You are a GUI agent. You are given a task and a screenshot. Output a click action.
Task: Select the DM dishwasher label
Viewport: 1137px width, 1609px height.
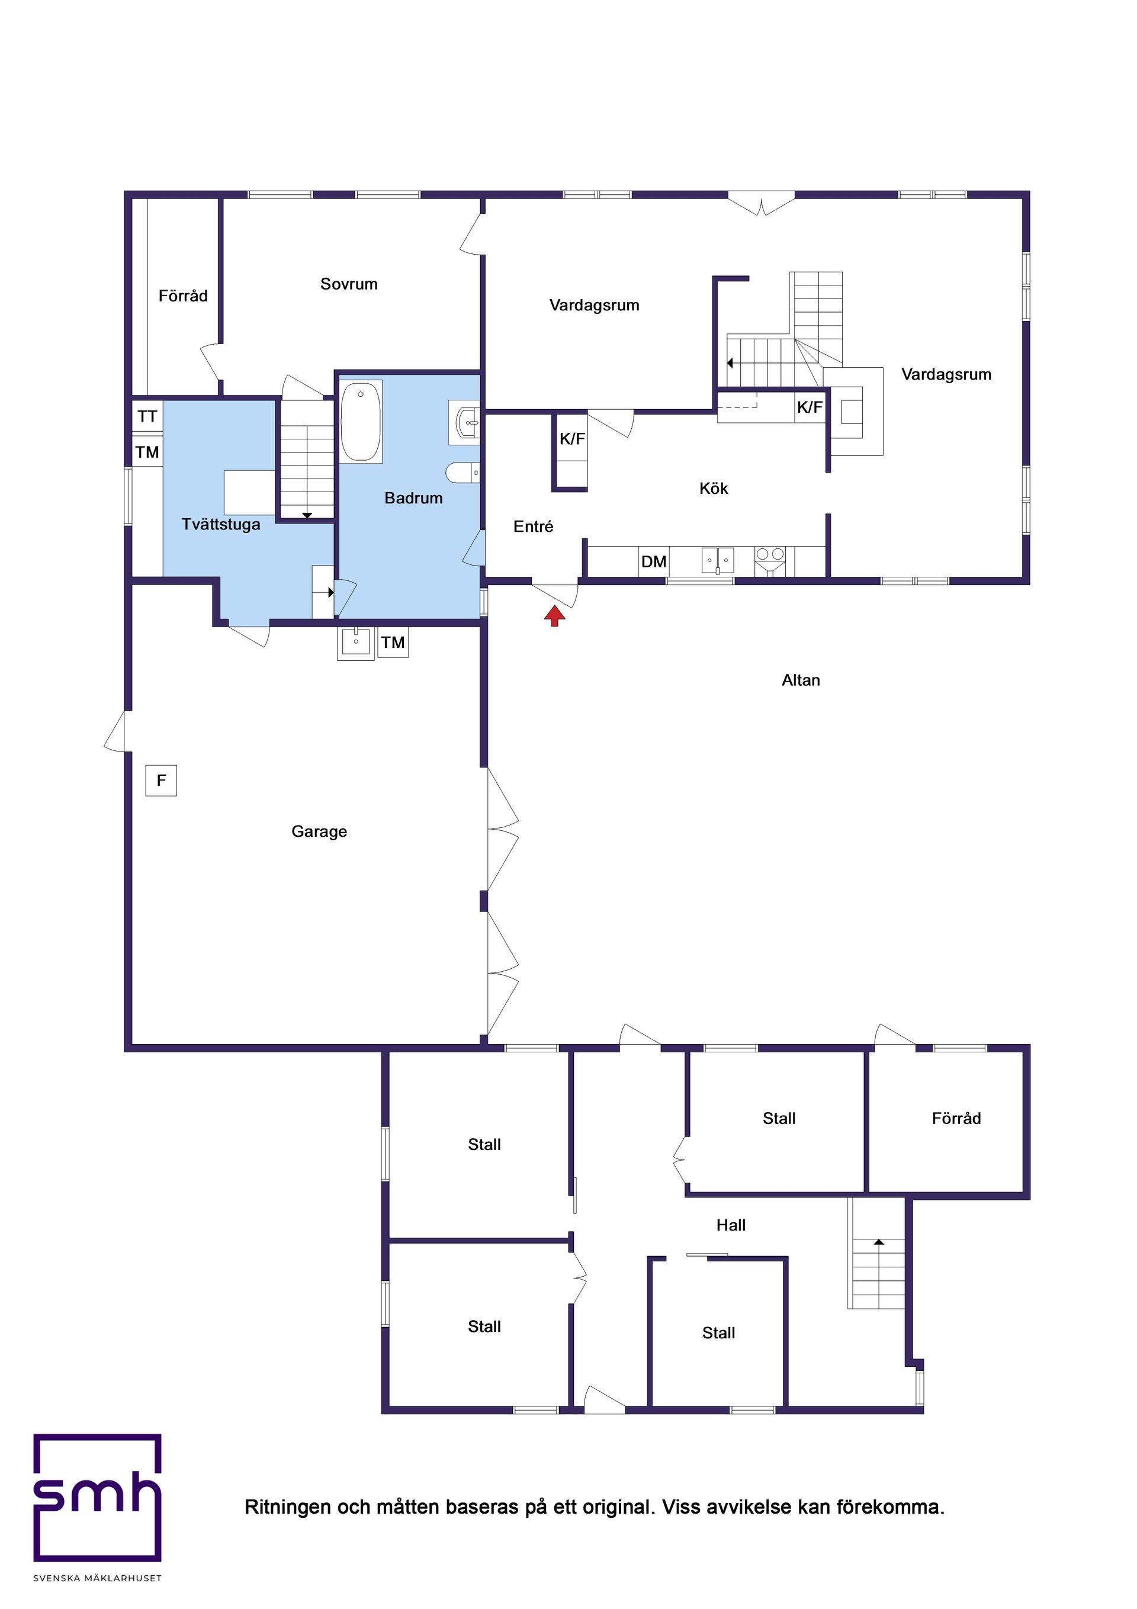[x=653, y=561]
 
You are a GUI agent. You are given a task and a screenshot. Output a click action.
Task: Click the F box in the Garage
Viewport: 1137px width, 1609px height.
[x=161, y=780]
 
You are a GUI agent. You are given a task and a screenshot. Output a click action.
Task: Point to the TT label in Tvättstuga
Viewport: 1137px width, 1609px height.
[x=147, y=416]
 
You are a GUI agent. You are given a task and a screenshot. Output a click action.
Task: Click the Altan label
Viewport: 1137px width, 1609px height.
[x=801, y=680]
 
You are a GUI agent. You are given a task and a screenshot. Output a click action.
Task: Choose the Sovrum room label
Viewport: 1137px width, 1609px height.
[x=348, y=284]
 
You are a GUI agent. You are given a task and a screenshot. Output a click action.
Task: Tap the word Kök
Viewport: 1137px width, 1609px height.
[x=714, y=489]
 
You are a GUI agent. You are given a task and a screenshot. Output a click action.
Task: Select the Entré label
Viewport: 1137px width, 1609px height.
[x=533, y=526]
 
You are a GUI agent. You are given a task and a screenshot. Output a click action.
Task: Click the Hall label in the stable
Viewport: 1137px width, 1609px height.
[x=730, y=1225]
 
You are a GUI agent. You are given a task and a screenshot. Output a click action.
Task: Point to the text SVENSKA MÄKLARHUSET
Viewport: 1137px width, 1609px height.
[x=98, y=1578]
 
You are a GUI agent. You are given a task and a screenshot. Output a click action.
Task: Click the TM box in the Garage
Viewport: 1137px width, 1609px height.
[x=393, y=642]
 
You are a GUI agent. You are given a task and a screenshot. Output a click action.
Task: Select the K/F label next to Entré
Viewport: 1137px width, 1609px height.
[x=572, y=439]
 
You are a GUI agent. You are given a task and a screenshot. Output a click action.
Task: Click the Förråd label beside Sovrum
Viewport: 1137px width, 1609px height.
[x=183, y=296]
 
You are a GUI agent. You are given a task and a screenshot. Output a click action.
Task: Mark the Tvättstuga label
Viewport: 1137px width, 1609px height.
[x=221, y=524]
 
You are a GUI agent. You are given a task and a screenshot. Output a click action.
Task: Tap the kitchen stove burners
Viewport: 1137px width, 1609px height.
[x=770, y=555]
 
